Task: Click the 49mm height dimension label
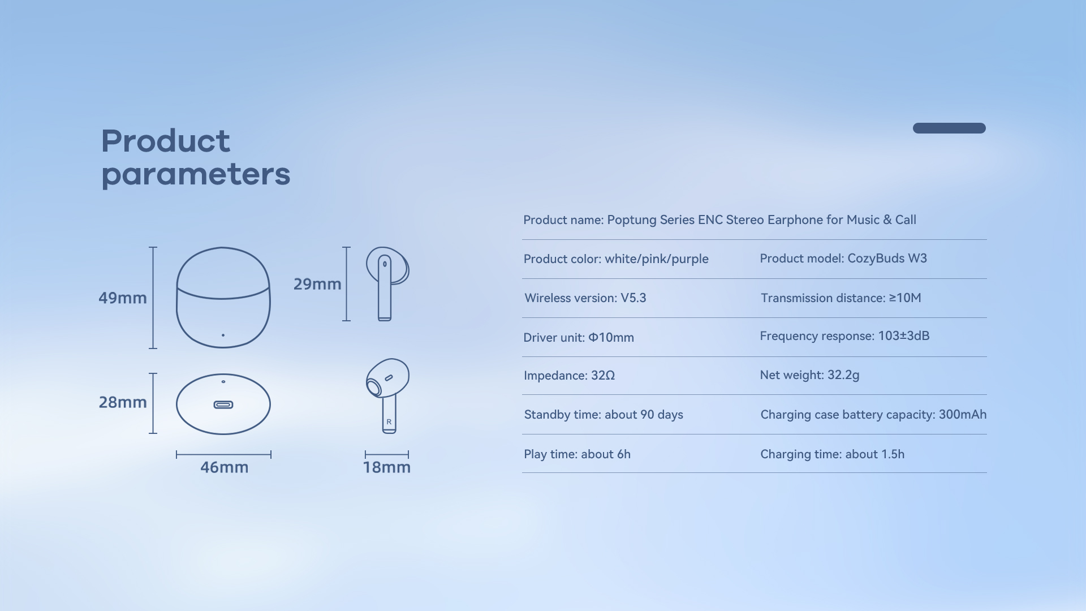[x=123, y=298]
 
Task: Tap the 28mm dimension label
[x=123, y=402]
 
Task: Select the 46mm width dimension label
[x=225, y=467]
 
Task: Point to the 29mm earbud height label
[x=317, y=284]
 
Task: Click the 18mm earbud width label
[x=387, y=467]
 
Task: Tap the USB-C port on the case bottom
[x=223, y=405]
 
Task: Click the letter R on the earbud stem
[x=389, y=422]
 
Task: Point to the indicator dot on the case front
[x=223, y=335]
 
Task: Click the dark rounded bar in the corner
[x=949, y=128]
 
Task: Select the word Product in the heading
[x=166, y=141]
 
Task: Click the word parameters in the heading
[x=196, y=175]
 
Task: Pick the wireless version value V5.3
[x=633, y=298]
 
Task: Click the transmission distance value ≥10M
[x=905, y=298]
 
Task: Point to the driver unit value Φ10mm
[x=611, y=338]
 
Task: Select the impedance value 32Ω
[x=603, y=376]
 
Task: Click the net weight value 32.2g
[x=843, y=375]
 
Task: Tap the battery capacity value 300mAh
[x=963, y=415]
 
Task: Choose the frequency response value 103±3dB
[x=904, y=336]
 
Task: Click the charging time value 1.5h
[x=893, y=454]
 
